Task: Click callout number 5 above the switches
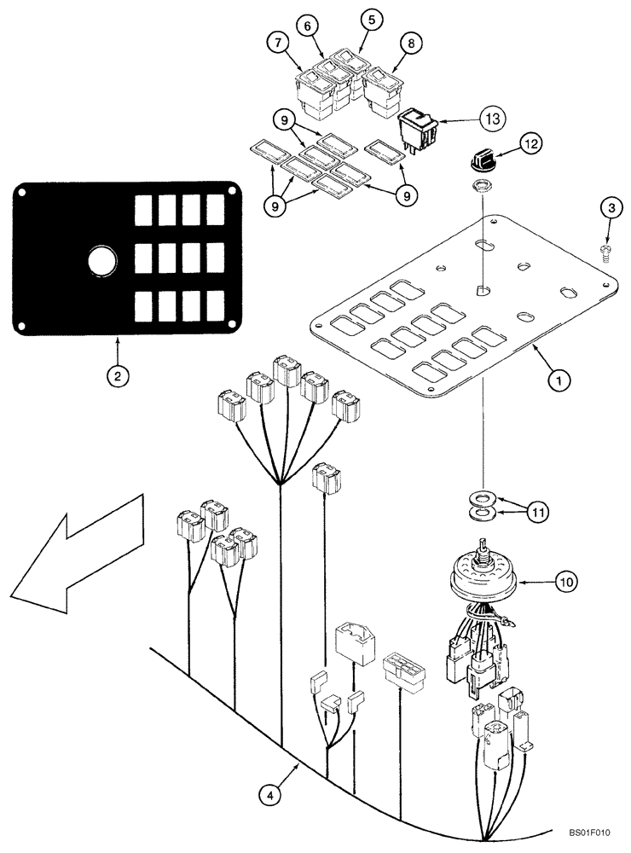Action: [369, 18]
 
